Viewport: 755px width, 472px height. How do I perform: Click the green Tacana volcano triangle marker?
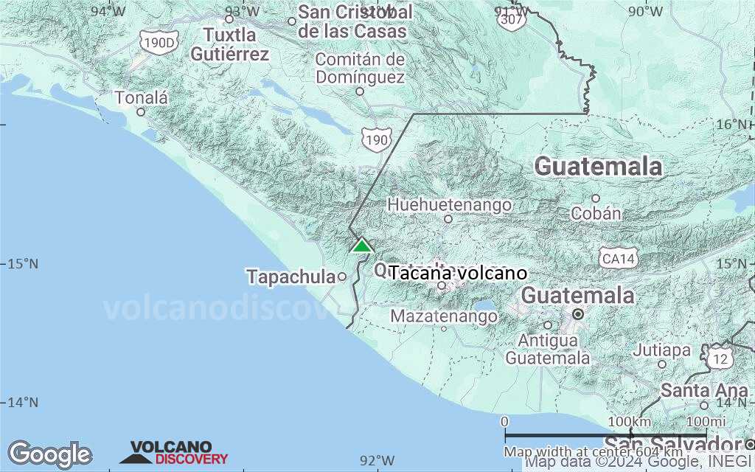361,245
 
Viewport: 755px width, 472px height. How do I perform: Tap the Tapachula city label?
290,277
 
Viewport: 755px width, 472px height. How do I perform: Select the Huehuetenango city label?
449,204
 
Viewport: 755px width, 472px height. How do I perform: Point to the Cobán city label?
596,213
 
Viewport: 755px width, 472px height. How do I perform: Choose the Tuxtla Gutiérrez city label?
229,44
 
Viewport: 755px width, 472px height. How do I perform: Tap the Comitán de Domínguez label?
360,68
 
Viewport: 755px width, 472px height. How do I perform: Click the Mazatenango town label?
443,316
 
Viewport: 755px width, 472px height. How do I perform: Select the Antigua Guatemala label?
547,350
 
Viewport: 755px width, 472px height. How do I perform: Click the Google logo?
49,454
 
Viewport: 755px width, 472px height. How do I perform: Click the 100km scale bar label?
630,421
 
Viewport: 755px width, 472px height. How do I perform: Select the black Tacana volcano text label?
458,273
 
